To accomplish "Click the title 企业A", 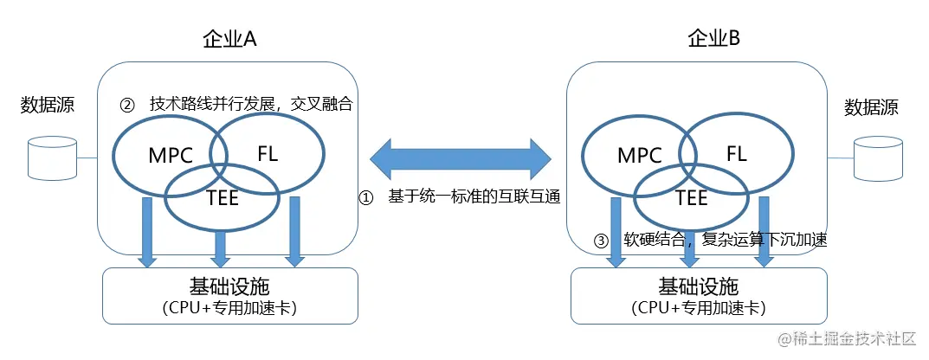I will click(x=229, y=40).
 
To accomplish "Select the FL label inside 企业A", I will click(x=268, y=153).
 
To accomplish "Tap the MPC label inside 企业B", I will click(x=639, y=156).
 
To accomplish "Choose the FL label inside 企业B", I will click(x=737, y=153).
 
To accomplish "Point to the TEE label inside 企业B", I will click(x=691, y=197).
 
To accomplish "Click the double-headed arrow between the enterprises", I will click(x=461, y=158).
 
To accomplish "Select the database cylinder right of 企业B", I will click(x=877, y=157).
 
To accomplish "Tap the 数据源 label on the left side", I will click(x=48, y=106).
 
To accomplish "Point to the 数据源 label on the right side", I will click(x=871, y=108).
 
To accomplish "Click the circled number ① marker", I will click(x=366, y=197).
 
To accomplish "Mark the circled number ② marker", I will click(x=126, y=104).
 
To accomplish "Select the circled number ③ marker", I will click(x=601, y=241).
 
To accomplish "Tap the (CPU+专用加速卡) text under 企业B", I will click(x=699, y=307).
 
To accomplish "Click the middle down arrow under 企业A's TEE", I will click(x=220, y=247).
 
